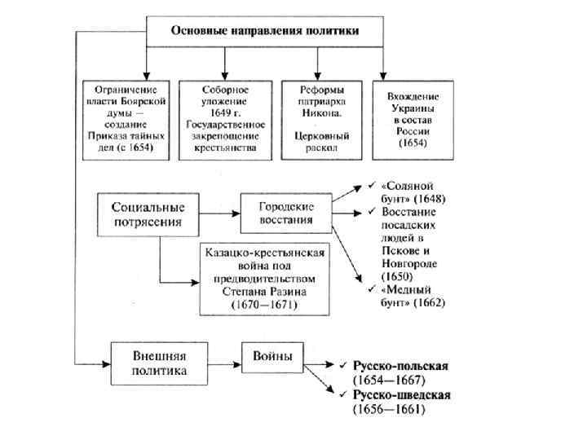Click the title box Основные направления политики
click(x=265, y=30)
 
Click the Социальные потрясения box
click(x=148, y=214)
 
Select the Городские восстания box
click(x=287, y=214)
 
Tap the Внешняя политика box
click(x=160, y=363)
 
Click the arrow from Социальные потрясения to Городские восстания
click(x=218, y=214)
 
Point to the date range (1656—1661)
click(x=389, y=409)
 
